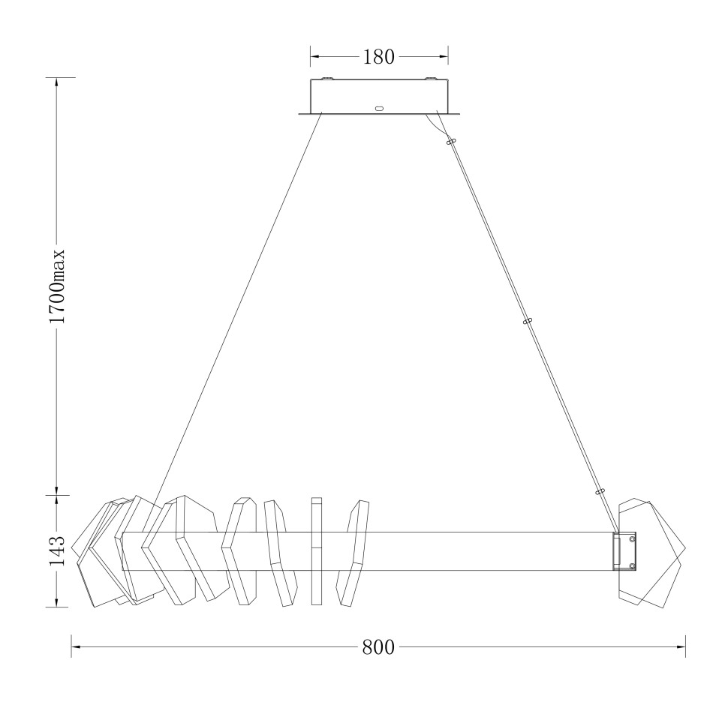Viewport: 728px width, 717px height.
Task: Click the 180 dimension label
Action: point(378,57)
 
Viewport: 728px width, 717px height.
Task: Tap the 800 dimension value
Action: point(378,647)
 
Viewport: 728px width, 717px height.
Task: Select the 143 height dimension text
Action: point(57,550)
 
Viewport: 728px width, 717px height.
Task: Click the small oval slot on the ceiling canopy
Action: point(379,109)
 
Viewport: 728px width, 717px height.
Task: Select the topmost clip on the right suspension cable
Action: point(451,142)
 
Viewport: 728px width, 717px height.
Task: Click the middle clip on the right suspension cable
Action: point(527,321)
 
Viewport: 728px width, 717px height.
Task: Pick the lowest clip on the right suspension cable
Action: point(600,491)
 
